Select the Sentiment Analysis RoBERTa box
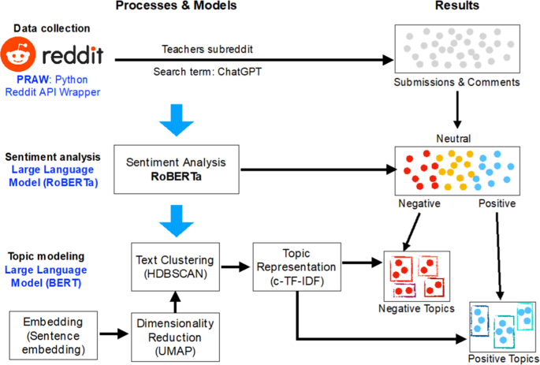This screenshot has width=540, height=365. (176, 169)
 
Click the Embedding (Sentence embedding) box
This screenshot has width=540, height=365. (50, 333)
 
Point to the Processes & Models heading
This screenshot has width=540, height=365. (176, 7)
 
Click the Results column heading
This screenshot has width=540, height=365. (458, 7)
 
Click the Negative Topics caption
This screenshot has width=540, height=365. (416, 307)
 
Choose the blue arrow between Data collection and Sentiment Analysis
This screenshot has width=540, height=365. (176, 116)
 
